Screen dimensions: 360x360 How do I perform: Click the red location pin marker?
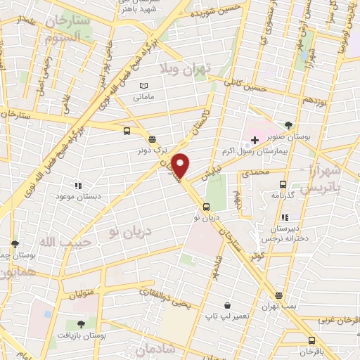(x=181, y=165)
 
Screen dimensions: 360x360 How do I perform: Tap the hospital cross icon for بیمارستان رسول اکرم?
(x=255, y=141)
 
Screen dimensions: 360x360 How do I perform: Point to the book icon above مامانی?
(x=143, y=85)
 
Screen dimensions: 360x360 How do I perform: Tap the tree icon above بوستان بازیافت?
(x=81, y=324)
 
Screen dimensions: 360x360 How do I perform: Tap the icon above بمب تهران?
(x=279, y=295)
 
